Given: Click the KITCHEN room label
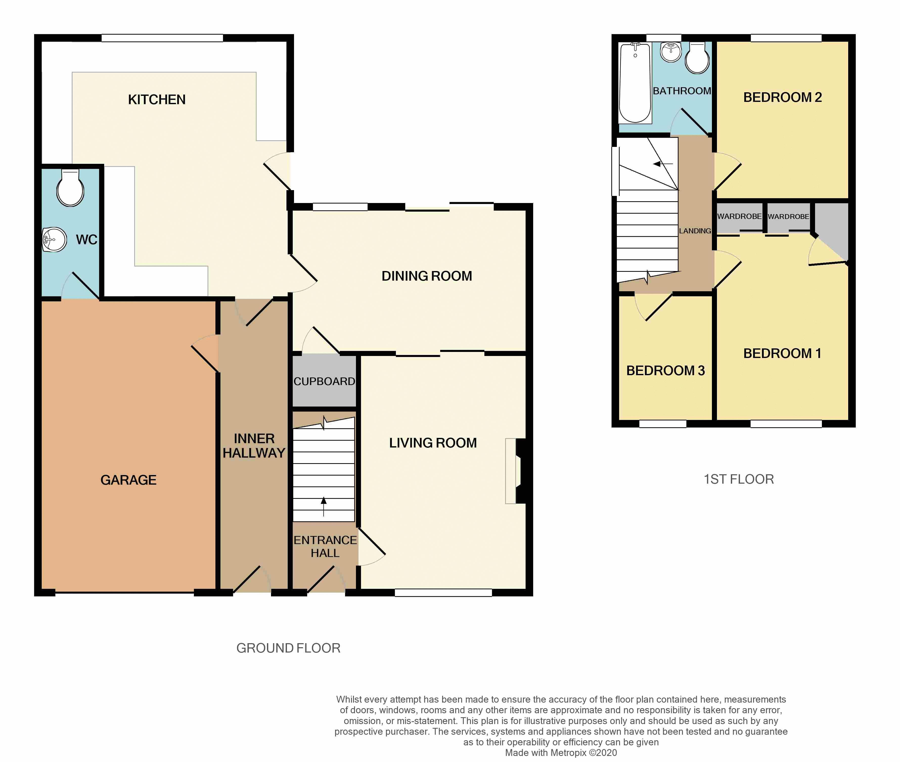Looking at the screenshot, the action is [157, 100].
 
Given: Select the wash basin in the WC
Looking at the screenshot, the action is [54, 240].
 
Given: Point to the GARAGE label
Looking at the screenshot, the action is [128, 480].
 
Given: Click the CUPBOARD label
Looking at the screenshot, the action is [324, 382].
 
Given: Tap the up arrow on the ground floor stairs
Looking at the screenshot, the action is [323, 507].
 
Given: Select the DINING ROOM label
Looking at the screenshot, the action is [427, 276].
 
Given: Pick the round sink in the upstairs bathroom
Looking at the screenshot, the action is [671, 52].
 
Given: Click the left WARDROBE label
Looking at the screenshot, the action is [739, 216].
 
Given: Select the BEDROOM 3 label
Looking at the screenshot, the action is [665, 371].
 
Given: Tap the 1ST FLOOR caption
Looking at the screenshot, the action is [739, 479].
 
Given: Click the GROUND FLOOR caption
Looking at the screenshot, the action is [288, 648].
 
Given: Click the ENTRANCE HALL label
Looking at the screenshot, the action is [325, 546].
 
